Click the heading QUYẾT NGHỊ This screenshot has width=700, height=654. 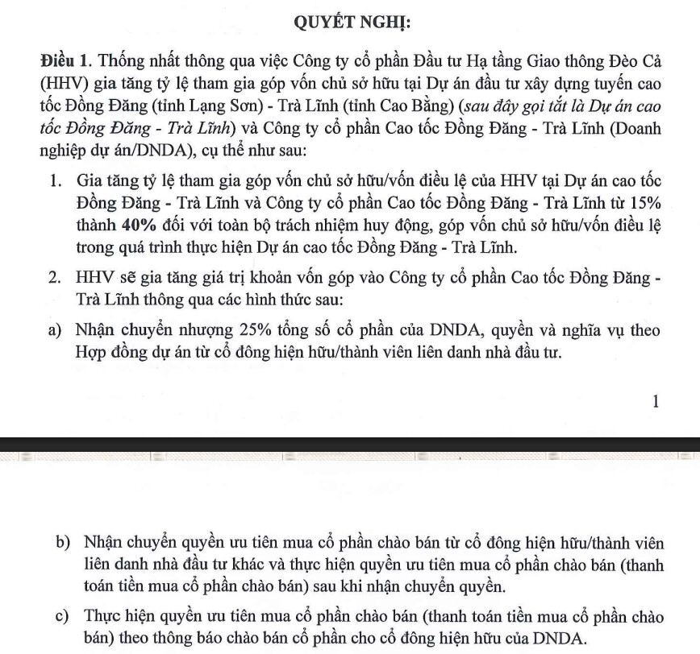point(349,22)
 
